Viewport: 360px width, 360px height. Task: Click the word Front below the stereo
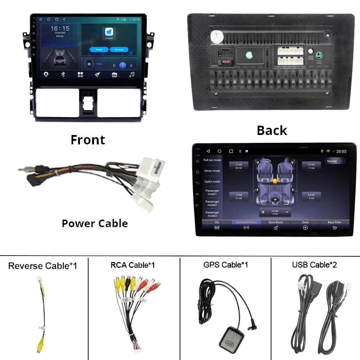click(88, 140)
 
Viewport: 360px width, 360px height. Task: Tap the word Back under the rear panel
click(272, 130)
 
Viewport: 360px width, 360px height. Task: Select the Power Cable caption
click(95, 223)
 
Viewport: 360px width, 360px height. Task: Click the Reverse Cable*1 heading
click(42, 266)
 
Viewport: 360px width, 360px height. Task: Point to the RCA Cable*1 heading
click(132, 265)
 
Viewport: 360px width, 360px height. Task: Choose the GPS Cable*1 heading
click(225, 265)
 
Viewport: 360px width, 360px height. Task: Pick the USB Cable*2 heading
click(314, 265)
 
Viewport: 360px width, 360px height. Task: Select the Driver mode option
click(212, 171)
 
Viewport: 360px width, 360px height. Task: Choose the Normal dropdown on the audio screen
click(335, 161)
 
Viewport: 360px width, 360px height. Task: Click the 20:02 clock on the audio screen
click(341, 152)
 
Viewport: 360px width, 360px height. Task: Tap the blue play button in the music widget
click(123, 66)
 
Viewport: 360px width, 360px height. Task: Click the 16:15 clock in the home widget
click(60, 28)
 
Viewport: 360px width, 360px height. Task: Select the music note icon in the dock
click(132, 75)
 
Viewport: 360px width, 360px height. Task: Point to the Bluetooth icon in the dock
click(63, 75)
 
